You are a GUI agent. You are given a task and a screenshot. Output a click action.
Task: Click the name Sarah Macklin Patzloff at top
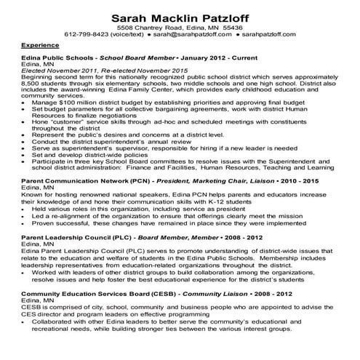pos(179,15)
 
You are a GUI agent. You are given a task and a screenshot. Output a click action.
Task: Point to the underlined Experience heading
pos(41,44)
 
